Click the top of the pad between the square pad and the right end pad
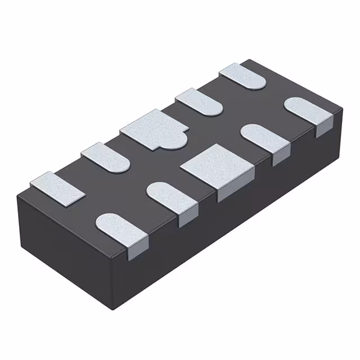262,137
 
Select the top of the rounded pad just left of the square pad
169,197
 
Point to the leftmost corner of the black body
17,194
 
